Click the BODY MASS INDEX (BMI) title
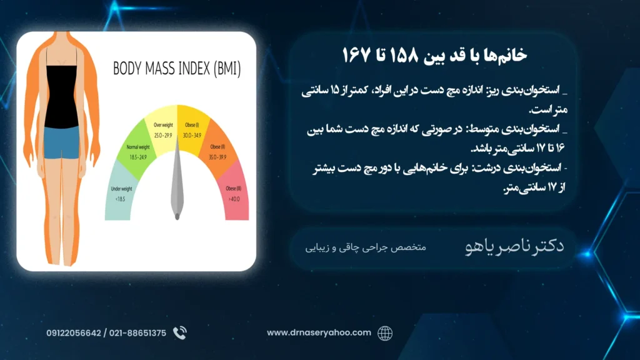tap(177, 69)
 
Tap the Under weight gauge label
tap(121, 189)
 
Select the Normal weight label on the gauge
tap(138, 147)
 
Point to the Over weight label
tap(163, 125)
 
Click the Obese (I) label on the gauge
tap(192, 125)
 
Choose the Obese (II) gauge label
tap(217, 147)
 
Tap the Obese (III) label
tap(234, 189)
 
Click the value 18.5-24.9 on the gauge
tap(138, 157)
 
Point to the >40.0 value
tap(234, 199)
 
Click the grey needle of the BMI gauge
tap(177, 179)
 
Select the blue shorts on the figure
tap(61, 142)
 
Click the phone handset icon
tap(179, 333)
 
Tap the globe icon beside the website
tap(385, 333)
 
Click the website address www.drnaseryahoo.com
tap(319, 332)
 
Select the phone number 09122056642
tap(74, 333)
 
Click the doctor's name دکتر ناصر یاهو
tap(514, 246)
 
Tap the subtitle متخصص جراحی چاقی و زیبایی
tap(366, 247)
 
